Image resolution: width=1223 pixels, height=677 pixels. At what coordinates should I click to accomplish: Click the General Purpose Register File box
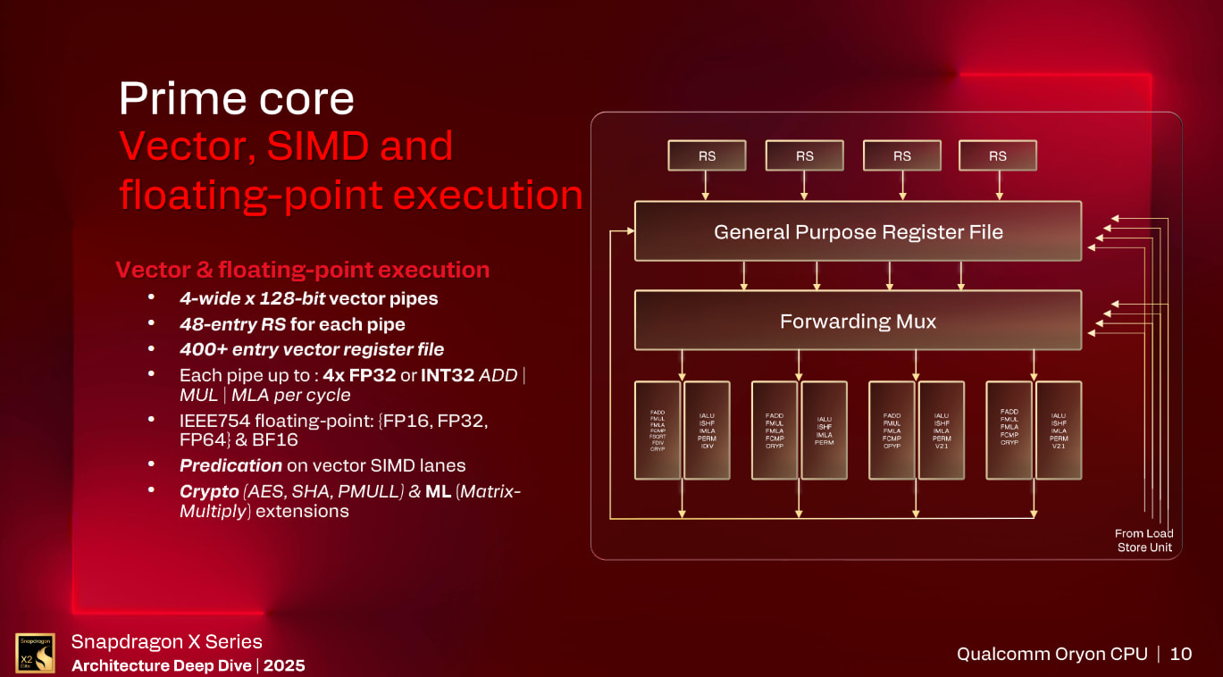(858, 231)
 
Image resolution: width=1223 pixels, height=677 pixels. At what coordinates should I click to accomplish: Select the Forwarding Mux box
(858, 321)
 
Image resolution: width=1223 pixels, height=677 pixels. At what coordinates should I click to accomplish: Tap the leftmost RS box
(707, 155)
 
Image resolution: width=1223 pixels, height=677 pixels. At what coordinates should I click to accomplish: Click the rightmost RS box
(997, 155)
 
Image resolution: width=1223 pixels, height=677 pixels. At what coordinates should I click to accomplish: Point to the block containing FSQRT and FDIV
(658, 430)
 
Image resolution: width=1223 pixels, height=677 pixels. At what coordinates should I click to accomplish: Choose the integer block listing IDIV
(707, 430)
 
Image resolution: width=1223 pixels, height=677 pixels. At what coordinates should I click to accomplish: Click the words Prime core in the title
(237, 98)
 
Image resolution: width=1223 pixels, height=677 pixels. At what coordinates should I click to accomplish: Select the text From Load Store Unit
(1143, 540)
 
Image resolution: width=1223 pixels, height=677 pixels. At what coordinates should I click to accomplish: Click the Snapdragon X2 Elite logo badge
(35, 653)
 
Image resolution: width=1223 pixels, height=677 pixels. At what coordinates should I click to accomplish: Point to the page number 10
(1180, 654)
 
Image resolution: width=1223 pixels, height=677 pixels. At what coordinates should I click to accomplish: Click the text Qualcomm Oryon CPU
(1051, 654)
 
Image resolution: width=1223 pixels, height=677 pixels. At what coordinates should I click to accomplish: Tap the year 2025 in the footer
(284, 665)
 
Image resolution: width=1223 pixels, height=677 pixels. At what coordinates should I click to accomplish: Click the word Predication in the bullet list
(230, 465)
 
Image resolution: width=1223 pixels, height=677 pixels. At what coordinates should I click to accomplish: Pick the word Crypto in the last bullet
(209, 491)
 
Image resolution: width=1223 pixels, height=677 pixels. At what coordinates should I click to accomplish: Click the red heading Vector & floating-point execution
(302, 270)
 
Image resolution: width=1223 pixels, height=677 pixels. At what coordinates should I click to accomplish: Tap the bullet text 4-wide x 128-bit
(252, 297)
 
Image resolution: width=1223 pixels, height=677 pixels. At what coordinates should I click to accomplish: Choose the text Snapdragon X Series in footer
(166, 641)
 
